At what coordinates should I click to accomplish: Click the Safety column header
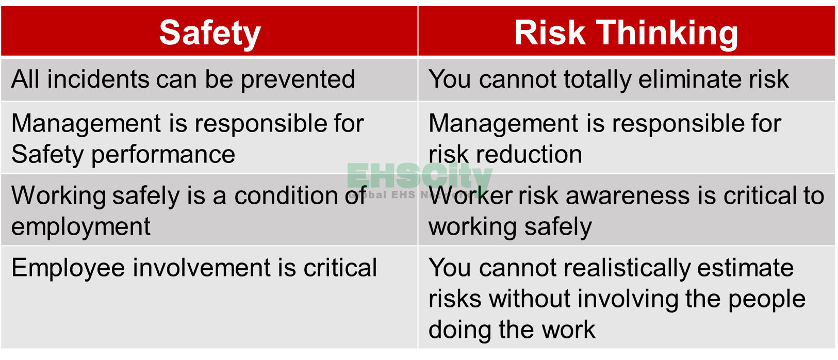[x=209, y=31]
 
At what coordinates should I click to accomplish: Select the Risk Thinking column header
[x=627, y=31]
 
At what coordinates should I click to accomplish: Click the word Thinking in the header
[x=667, y=34]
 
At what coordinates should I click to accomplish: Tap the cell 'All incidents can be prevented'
[x=209, y=80]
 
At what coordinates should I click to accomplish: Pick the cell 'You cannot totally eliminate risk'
[x=627, y=80]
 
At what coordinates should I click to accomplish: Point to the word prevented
[x=298, y=80]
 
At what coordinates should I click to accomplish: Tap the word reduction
[x=529, y=154]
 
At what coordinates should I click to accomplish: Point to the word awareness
[x=628, y=196]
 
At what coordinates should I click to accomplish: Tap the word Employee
[x=68, y=269]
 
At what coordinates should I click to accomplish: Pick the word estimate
[x=745, y=268]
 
